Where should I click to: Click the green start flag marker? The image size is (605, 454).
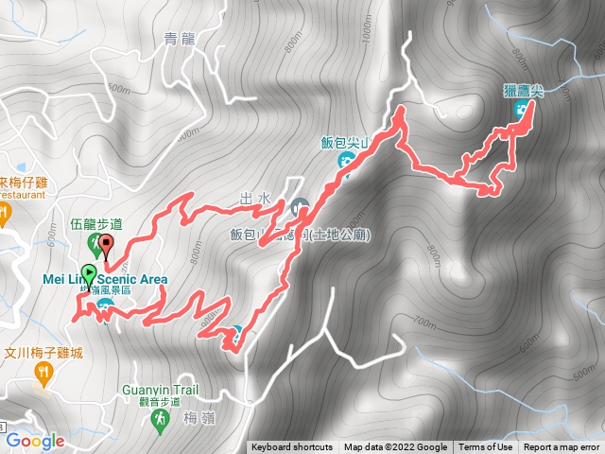pyautogui.click(x=88, y=275)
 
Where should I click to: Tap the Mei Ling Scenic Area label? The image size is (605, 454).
pyautogui.click(x=105, y=279)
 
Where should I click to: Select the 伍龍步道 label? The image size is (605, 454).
pyautogui.click(x=97, y=224)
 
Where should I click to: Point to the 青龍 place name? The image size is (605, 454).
pyautogui.click(x=180, y=39)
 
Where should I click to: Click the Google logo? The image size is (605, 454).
pyautogui.click(x=34, y=441)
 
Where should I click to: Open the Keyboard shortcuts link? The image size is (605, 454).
pyautogui.click(x=292, y=447)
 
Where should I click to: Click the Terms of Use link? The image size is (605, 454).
pyautogui.click(x=486, y=447)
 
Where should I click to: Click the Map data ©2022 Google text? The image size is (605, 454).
pyautogui.click(x=395, y=447)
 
